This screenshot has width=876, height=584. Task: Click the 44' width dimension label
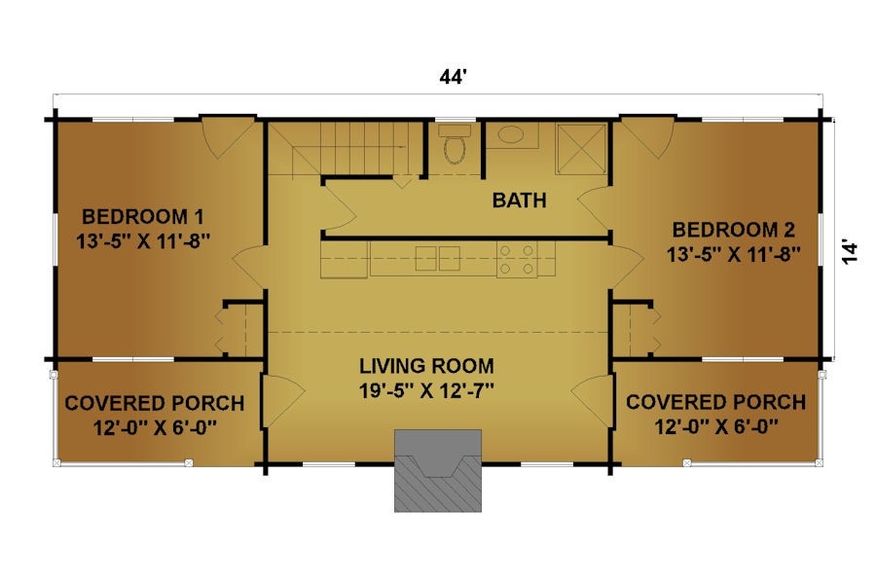click(x=452, y=77)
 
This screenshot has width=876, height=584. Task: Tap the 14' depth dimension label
click(x=849, y=252)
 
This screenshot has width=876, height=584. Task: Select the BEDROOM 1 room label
click(x=143, y=216)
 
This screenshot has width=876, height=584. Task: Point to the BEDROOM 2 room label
click(x=733, y=230)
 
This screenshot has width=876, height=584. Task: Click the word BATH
click(x=519, y=201)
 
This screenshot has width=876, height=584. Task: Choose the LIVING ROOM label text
click(x=426, y=366)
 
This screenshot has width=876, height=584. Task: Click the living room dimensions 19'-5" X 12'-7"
click(x=426, y=390)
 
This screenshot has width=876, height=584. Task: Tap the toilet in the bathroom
click(x=455, y=145)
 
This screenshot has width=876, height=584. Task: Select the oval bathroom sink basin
click(x=511, y=134)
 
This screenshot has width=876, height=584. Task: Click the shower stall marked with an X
click(x=581, y=149)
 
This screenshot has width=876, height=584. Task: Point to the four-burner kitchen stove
click(x=517, y=259)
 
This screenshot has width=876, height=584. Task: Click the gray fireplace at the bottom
click(x=438, y=470)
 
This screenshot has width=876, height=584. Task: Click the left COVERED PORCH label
click(x=155, y=403)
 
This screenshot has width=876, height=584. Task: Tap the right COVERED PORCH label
click(x=715, y=402)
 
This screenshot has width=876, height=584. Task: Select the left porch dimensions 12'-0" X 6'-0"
click(x=155, y=428)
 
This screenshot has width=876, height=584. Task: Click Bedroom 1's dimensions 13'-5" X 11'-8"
click(x=143, y=241)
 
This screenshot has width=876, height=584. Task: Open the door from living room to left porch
click(x=282, y=401)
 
